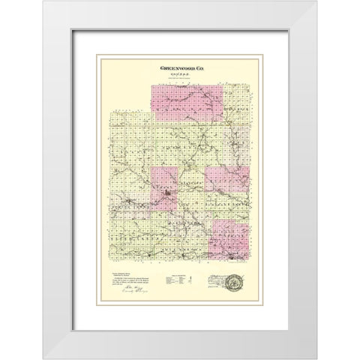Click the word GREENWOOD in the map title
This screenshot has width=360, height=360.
(x=173, y=67)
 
